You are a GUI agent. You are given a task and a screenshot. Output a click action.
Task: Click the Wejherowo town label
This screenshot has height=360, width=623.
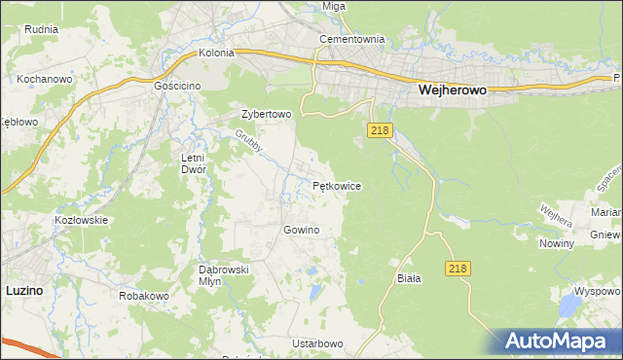(452, 89)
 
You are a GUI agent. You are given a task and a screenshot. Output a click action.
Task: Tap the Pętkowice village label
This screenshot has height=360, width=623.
(337, 185)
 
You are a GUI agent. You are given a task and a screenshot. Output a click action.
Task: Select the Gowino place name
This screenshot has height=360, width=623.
(301, 230)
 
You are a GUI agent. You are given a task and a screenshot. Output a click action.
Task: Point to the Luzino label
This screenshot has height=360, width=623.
(23, 289)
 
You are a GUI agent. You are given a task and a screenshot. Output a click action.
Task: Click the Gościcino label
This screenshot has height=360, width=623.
(177, 86)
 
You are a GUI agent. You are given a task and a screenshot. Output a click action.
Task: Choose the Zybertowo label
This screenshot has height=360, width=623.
(267, 113)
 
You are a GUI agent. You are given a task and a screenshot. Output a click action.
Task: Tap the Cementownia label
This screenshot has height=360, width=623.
(353, 40)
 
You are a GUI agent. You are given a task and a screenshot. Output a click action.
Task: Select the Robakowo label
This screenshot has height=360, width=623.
(144, 295)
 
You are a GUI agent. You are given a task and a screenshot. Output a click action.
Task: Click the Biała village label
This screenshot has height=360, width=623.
(409, 278)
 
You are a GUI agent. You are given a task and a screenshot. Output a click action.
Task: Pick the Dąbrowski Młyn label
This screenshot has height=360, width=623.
(225, 274)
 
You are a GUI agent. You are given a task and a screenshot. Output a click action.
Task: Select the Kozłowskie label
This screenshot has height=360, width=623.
(81, 220)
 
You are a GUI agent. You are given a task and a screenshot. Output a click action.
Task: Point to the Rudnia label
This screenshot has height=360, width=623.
(42, 29)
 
